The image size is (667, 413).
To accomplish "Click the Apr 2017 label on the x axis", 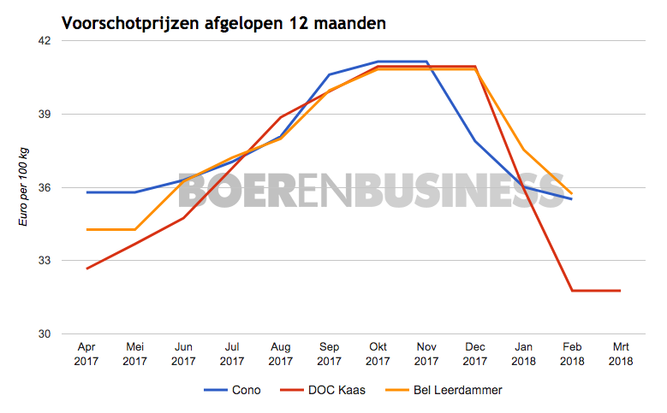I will [x=86, y=355].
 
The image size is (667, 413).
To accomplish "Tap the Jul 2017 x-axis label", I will [x=232, y=355].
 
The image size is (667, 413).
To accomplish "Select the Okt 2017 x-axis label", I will [x=378, y=355].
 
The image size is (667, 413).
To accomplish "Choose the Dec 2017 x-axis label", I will [x=474, y=355].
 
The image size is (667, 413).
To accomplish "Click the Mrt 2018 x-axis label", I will [x=620, y=355].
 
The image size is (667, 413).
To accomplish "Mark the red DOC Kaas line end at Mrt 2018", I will [x=620, y=291].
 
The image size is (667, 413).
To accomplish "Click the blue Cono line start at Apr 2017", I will [x=86, y=192].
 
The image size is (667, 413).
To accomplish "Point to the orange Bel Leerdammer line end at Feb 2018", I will [x=571, y=194].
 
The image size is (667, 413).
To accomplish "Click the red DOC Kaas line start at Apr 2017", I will [x=86, y=268].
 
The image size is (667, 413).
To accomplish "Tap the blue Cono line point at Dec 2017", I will [x=474, y=141].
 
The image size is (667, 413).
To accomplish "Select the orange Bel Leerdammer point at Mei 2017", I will [x=135, y=229].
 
